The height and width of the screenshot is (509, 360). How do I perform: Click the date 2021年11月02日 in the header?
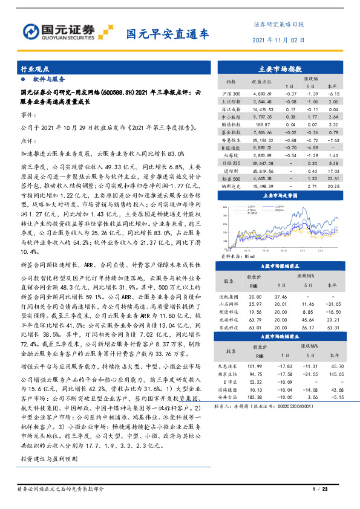[x=277, y=40]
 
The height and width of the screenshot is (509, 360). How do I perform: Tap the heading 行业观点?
[x=34, y=70]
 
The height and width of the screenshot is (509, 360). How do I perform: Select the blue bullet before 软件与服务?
[x=23, y=80]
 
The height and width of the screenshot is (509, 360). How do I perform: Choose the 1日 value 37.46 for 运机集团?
[x=280, y=297]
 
